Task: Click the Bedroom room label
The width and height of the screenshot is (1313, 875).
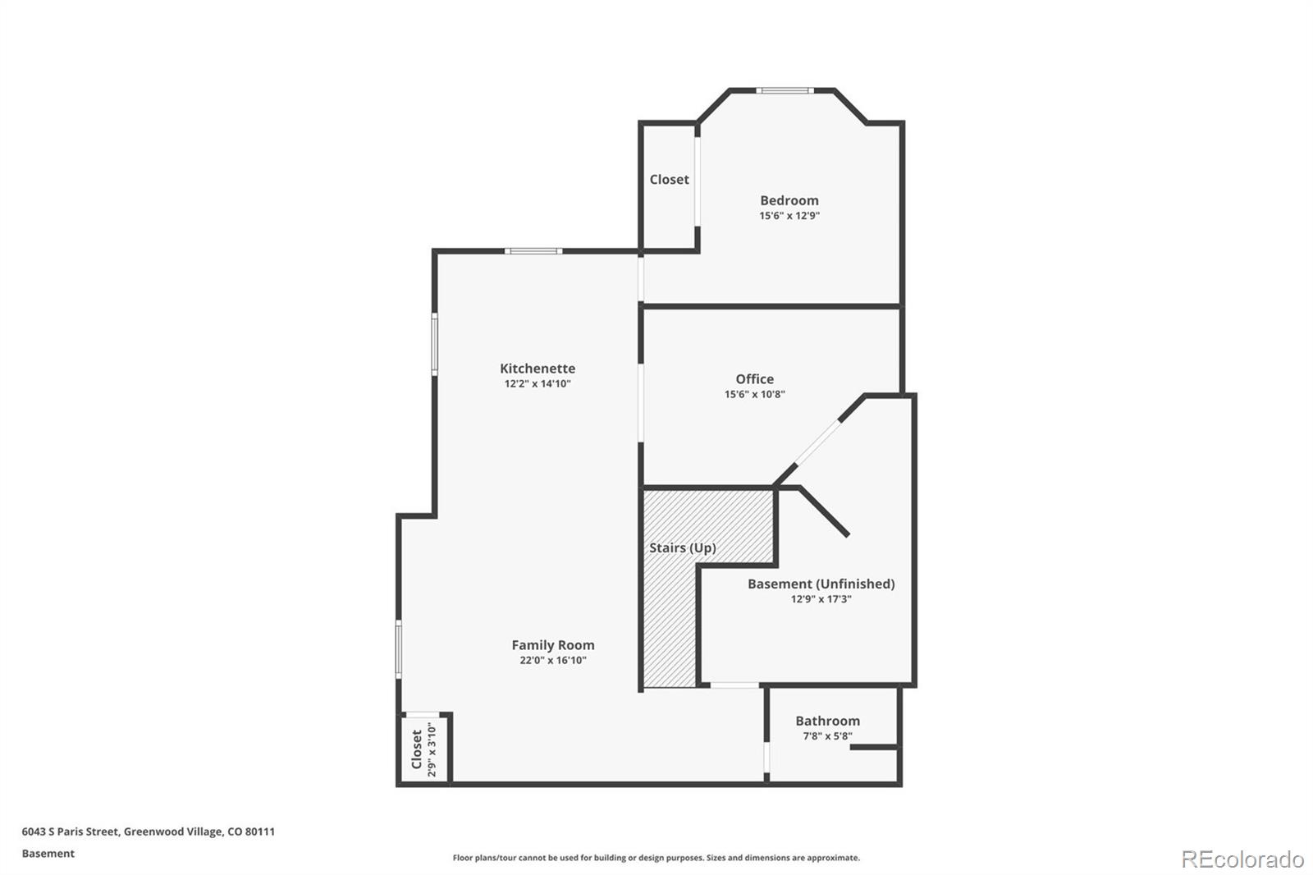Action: (789, 200)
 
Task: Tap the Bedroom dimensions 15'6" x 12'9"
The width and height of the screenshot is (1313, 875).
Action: (789, 216)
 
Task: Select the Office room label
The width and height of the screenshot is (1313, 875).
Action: (754, 378)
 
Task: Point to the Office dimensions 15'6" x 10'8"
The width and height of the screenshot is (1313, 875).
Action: (754, 394)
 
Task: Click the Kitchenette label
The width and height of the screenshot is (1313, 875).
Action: (538, 369)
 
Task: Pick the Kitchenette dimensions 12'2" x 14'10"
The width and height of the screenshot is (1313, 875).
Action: (538, 383)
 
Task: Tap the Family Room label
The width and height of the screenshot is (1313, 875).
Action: (553, 645)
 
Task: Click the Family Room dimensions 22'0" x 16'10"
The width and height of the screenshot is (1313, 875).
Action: (553, 660)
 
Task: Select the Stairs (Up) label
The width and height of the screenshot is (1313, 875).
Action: (682, 547)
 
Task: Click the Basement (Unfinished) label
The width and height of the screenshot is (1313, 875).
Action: (821, 584)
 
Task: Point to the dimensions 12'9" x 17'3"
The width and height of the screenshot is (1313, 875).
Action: (821, 599)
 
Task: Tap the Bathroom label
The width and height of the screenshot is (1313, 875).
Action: (827, 721)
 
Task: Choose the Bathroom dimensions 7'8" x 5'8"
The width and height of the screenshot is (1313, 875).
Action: (827, 735)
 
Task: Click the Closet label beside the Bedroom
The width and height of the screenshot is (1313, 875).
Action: (669, 179)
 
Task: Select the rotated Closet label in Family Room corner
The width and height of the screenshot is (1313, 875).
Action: (417, 749)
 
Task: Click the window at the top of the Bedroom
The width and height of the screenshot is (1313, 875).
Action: (785, 90)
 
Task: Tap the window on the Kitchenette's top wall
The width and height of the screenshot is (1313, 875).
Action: (533, 250)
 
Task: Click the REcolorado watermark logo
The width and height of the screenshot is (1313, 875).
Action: (1242, 859)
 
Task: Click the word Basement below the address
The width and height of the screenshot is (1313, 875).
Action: (48, 854)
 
